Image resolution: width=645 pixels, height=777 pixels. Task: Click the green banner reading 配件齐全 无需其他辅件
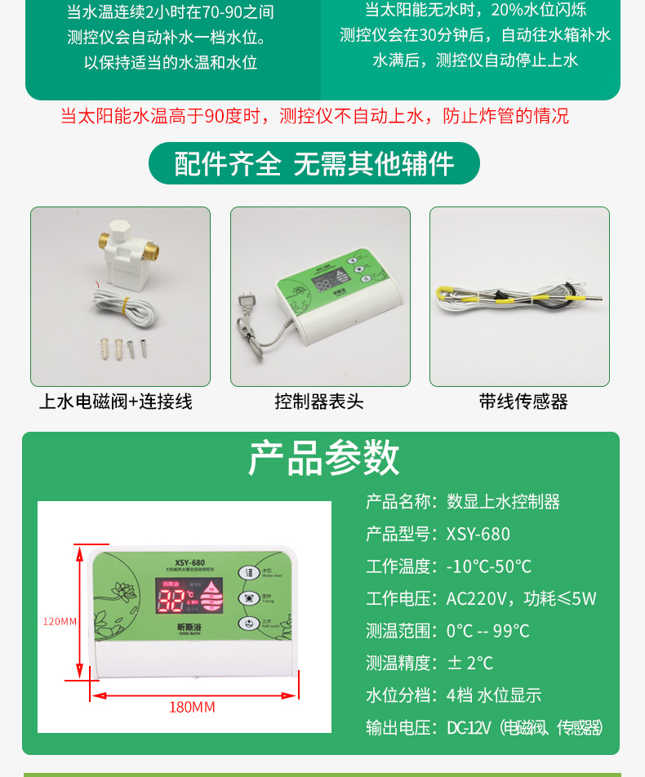[314, 163]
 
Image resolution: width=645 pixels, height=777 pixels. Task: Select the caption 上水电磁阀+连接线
[116, 402]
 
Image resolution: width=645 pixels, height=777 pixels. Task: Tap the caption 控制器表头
[319, 402]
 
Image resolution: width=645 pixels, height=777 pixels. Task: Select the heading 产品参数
[323, 458]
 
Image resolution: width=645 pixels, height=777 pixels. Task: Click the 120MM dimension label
[60, 621]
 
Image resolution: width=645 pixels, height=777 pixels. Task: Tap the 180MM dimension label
[192, 707]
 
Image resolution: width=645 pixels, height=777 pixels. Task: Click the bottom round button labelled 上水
[246, 623]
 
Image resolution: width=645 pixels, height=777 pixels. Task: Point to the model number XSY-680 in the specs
[478, 534]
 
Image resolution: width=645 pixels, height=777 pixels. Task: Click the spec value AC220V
[476, 598]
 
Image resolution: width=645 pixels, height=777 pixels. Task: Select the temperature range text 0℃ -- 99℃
[487, 631]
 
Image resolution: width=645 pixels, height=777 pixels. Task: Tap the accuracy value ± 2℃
[470, 663]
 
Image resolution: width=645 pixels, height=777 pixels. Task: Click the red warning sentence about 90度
[314, 116]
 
